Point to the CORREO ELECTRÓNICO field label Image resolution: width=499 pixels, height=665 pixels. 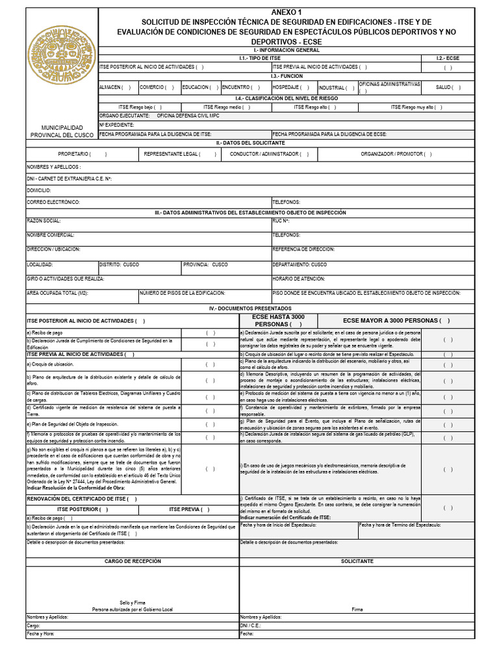coord(53,202)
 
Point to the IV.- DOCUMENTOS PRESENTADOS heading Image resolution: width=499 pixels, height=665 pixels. coord(250,308)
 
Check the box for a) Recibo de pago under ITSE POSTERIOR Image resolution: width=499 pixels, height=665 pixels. coord(211,333)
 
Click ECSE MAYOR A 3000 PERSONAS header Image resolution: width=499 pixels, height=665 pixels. coord(396,320)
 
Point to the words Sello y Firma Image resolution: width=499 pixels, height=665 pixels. coord(133,603)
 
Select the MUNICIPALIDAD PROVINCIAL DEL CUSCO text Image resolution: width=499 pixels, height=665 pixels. coord(62,131)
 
